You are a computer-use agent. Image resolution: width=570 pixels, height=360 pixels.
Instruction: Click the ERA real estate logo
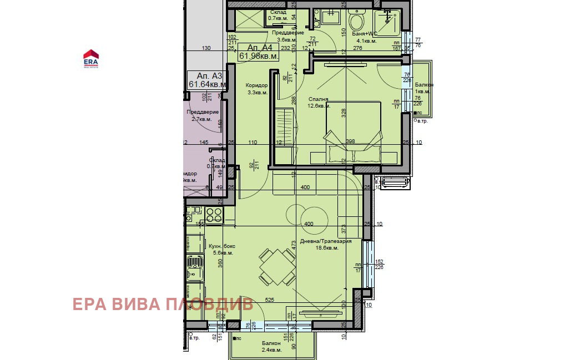pyautogui.click(x=90, y=58)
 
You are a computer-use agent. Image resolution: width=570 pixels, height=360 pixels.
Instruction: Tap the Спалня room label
pyautogui.click(x=319, y=103)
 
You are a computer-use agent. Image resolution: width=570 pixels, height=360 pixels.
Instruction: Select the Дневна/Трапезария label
pyautogui.click(x=326, y=245)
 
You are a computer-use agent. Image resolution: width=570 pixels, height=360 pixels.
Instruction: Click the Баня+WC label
pyautogui.click(x=364, y=37)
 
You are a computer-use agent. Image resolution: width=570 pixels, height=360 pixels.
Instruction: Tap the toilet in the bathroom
pyautogui.click(x=355, y=22)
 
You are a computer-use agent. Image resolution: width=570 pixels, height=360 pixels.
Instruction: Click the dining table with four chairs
pyautogui.click(x=277, y=266)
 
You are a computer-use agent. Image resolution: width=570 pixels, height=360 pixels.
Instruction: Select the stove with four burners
pyautogui.click(x=214, y=214)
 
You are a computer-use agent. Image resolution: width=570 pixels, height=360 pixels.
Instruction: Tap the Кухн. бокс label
pyautogui.click(x=220, y=249)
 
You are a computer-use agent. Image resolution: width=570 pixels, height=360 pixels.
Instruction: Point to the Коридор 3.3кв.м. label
pyautogui.click(x=256, y=89)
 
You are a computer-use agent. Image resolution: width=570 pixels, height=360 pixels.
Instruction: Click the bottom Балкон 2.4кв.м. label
pyautogui.click(x=272, y=347)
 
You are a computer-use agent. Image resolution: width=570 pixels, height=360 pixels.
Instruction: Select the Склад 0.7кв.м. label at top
pyautogui.click(x=278, y=15)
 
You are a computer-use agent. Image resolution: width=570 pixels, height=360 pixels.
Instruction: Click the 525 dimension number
pyautogui.click(x=270, y=300)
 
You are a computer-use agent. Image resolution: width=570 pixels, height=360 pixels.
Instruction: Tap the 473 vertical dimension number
pyautogui.click(x=293, y=244)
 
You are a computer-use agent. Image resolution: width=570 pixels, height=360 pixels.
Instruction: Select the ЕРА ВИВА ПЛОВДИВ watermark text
pyautogui.click(x=163, y=304)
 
